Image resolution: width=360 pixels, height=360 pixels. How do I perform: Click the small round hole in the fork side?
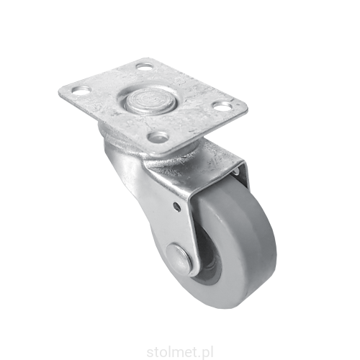[x=176, y=206]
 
